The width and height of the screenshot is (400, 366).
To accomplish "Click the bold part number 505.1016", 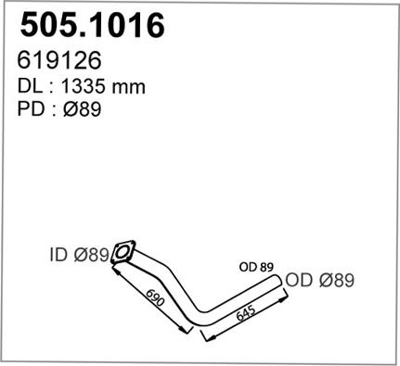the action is pyautogui.click(x=92, y=25).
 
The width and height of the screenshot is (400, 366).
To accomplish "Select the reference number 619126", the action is pyautogui.click(x=59, y=60).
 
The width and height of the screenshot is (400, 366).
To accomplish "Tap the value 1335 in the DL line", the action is pyautogui.click(x=84, y=86).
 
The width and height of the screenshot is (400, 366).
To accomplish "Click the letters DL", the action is pyautogui.click(x=30, y=86).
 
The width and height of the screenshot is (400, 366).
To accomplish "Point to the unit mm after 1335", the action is pyautogui.click(x=129, y=88).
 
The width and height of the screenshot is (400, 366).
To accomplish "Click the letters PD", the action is pyautogui.click(x=31, y=108).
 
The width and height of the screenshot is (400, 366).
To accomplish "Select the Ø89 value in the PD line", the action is pyautogui.click(x=83, y=108).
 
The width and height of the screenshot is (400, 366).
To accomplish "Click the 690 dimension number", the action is pyautogui.click(x=155, y=297).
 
